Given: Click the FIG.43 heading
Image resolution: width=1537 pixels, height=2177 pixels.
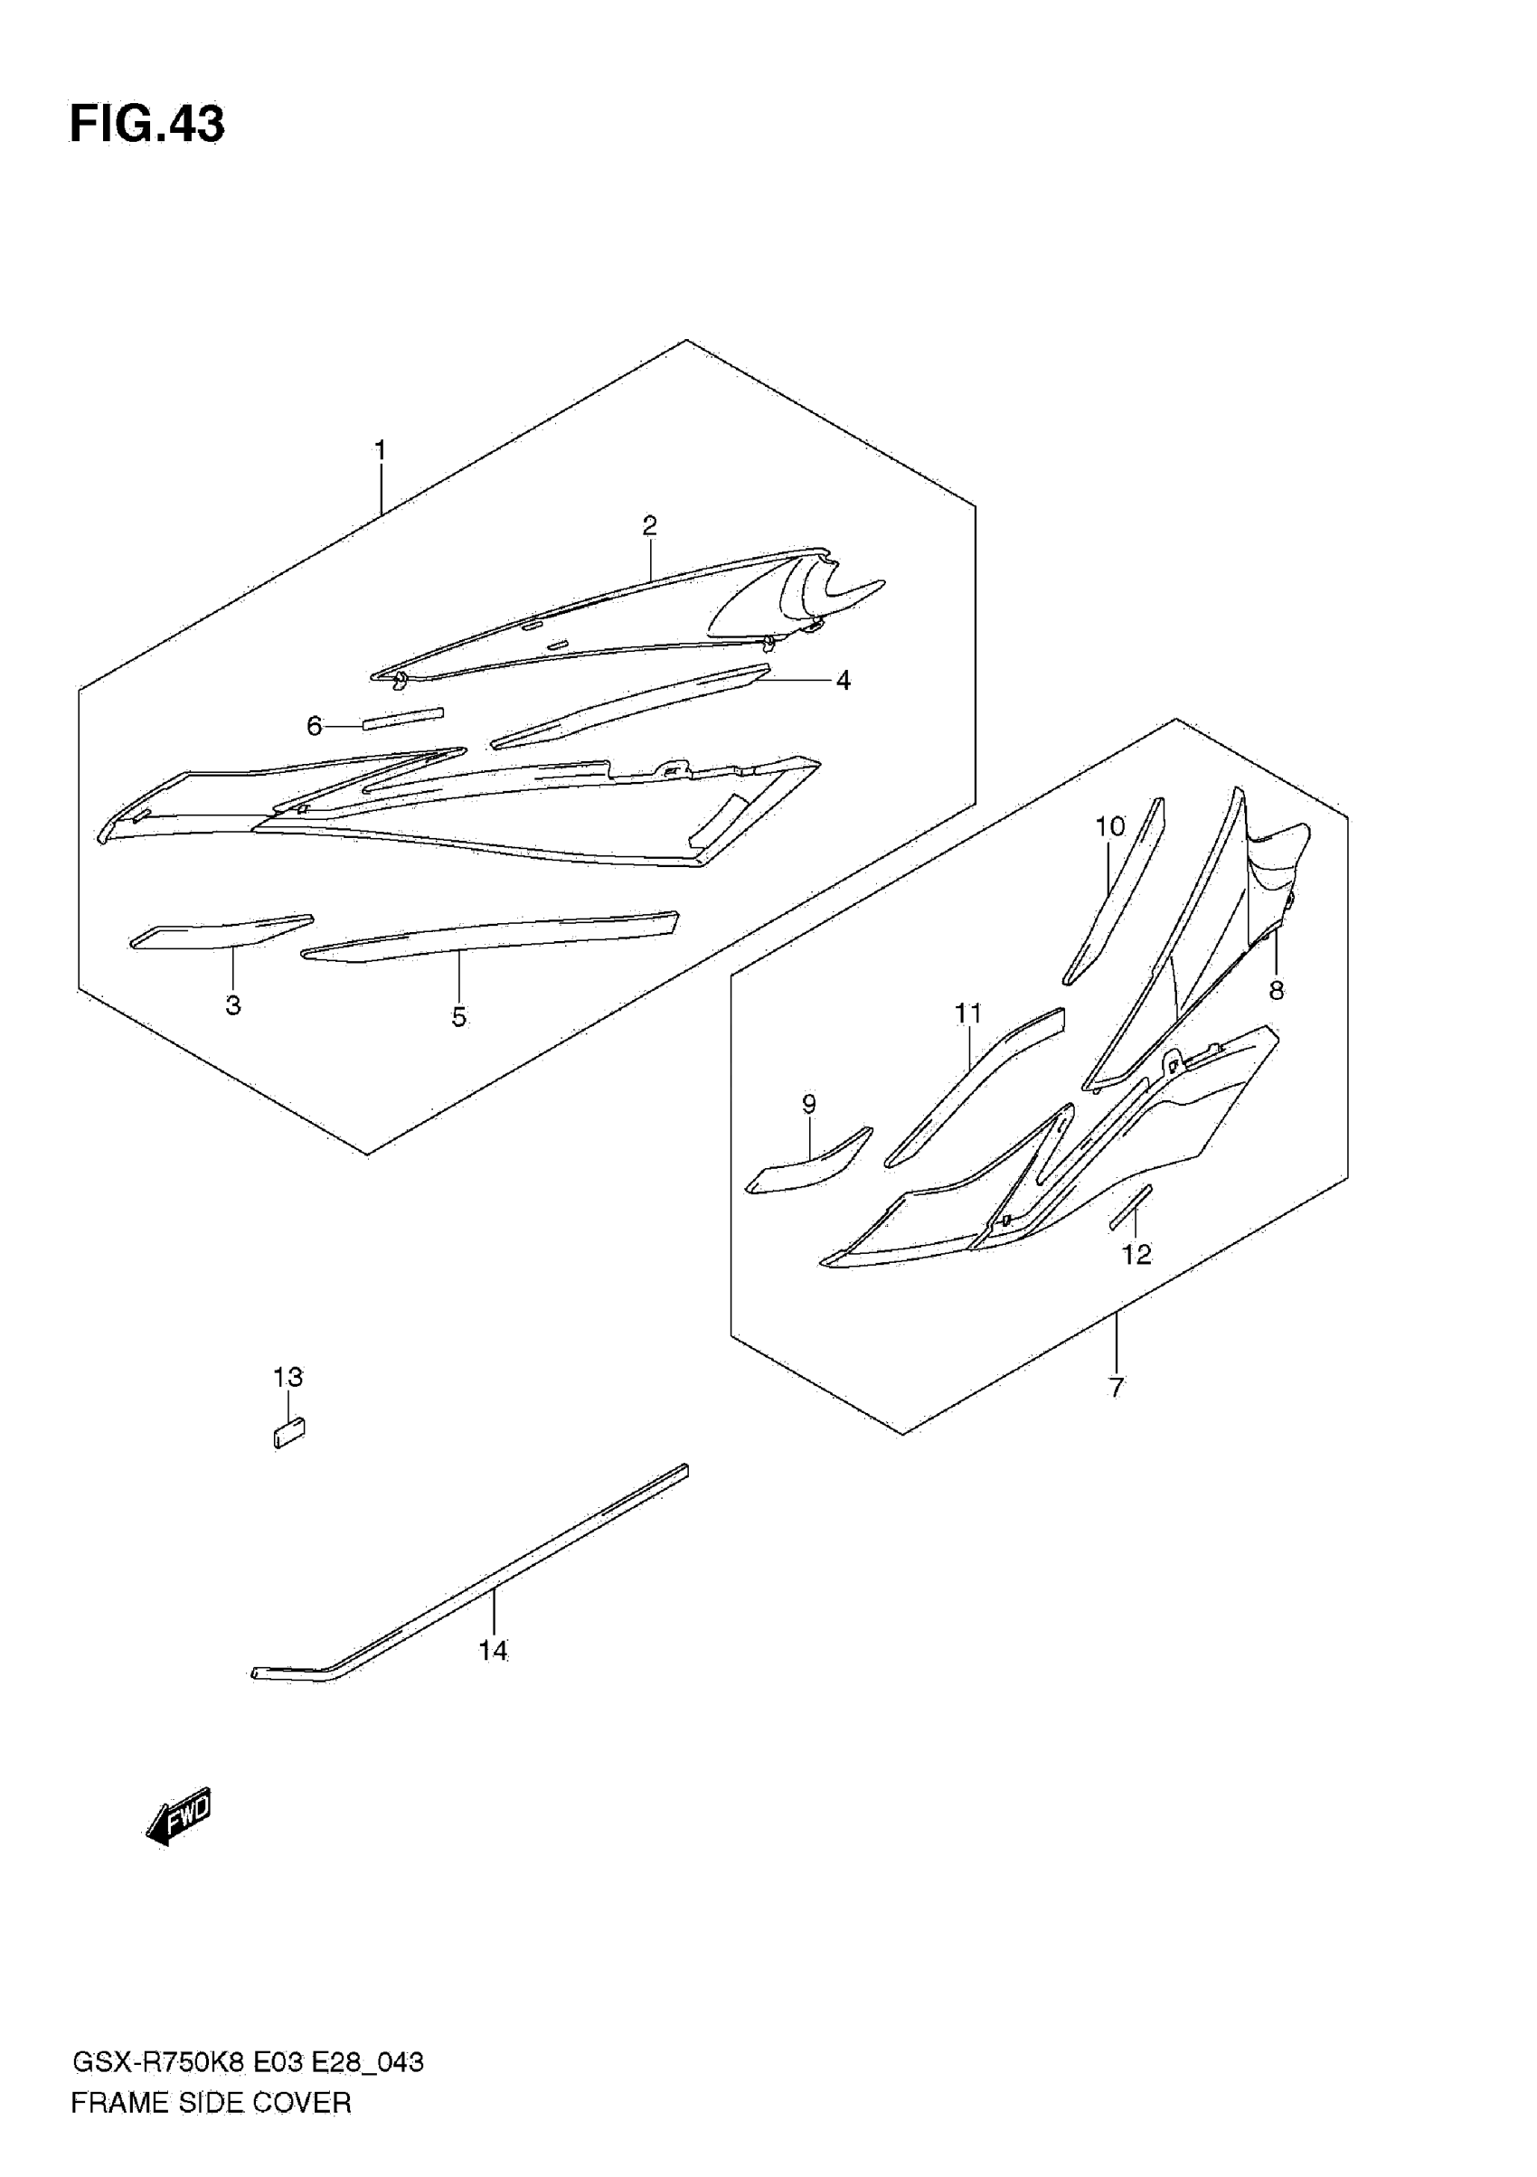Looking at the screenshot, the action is tap(147, 124).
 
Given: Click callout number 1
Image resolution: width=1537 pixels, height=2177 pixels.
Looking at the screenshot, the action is tap(381, 450).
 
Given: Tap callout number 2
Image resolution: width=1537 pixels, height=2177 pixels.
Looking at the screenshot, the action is tap(649, 525).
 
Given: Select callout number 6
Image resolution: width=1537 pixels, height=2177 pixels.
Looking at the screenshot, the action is tap(315, 726).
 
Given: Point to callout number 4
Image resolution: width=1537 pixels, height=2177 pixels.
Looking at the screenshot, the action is tap(843, 680).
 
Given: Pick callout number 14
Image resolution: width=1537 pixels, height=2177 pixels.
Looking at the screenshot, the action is tap(492, 1651).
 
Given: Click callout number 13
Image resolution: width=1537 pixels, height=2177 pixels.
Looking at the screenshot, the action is tap(288, 1377).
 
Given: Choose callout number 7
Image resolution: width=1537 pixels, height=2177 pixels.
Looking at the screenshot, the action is tap(1116, 1387).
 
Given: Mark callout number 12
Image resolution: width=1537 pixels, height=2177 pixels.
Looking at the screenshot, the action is tap(1136, 1255).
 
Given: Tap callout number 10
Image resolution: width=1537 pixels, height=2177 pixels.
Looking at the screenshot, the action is tap(1109, 827).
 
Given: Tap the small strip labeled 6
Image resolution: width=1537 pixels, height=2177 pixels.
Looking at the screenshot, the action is tap(403, 718).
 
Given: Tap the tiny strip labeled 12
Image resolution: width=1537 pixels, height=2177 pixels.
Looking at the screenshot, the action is tap(1130, 1207).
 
